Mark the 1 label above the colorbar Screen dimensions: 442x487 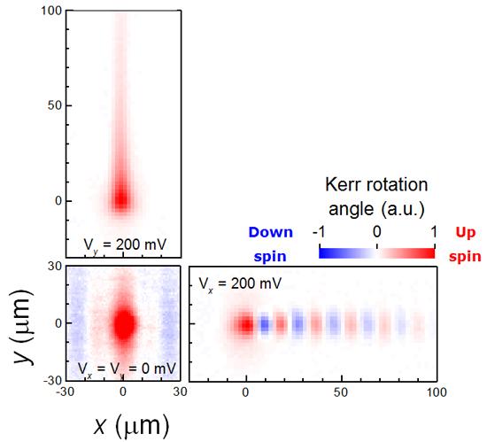click(x=432, y=232)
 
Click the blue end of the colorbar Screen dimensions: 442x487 click(x=326, y=252)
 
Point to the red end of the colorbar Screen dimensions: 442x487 click(x=429, y=252)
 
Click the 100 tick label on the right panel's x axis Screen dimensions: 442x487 click(x=434, y=391)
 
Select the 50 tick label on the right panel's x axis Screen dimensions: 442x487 click(x=340, y=391)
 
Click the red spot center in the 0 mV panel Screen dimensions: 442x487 click(x=124, y=323)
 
